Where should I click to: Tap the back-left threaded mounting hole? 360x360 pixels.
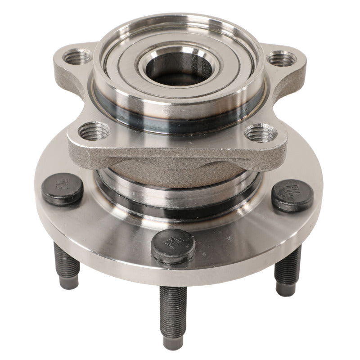tap(77, 56)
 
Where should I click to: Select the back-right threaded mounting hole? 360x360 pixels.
tap(282, 59)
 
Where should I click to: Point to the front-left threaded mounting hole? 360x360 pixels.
tap(94, 131)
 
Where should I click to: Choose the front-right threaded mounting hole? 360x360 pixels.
tap(261, 133)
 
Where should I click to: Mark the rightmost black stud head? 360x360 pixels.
tap(292, 195)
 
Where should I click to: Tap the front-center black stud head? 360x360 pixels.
tap(173, 245)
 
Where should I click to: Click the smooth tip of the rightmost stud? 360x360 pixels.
tap(286, 289)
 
